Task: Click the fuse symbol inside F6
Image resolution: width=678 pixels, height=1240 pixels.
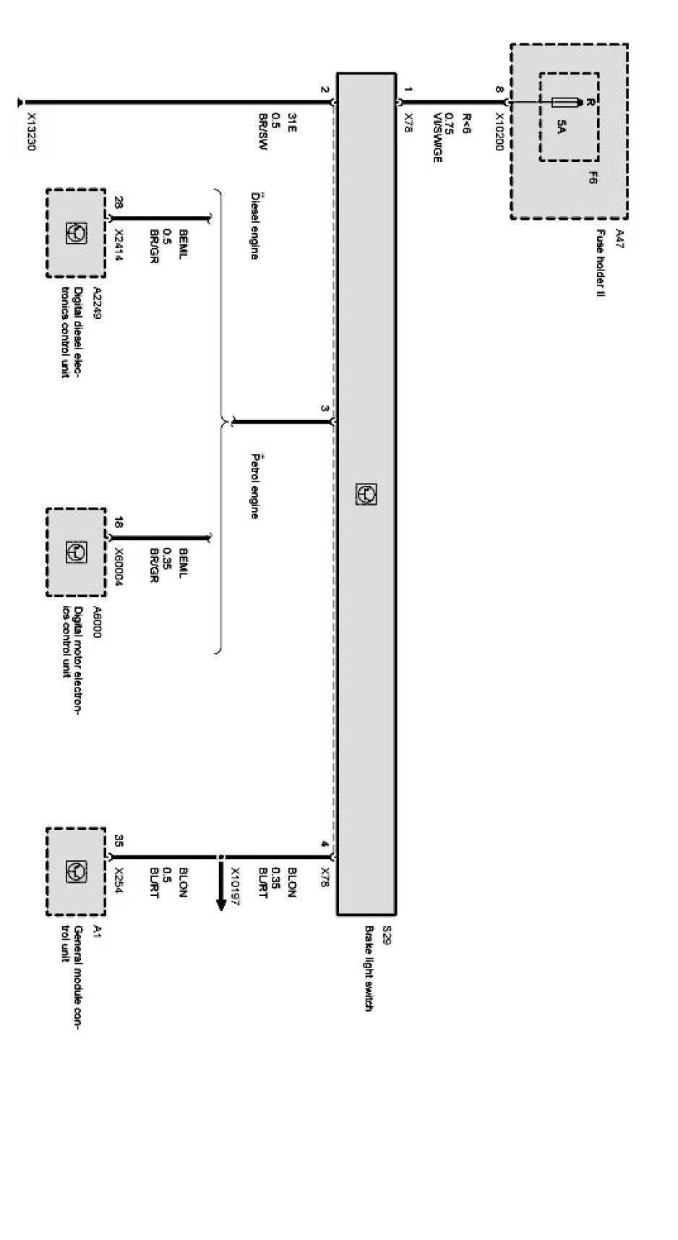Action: (x=567, y=103)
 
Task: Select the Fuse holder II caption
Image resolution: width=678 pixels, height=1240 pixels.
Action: (x=599, y=264)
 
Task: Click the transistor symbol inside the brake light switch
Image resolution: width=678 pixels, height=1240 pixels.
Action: (x=366, y=494)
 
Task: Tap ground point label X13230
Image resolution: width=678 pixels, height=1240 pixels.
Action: (x=32, y=135)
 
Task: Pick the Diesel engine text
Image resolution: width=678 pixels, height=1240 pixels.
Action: (x=254, y=225)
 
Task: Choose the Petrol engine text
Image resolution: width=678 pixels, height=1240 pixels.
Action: (x=254, y=486)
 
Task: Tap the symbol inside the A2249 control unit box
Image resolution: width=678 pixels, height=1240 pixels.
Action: (x=76, y=233)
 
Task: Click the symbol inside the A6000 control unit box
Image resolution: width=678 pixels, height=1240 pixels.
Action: (x=76, y=552)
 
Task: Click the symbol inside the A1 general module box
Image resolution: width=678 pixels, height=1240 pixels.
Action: (x=76, y=871)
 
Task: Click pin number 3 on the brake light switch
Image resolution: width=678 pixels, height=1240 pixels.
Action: (x=325, y=409)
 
